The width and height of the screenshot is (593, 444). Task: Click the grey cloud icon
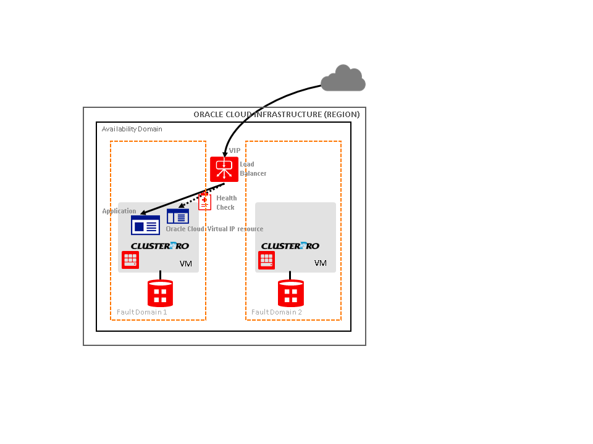(x=343, y=78)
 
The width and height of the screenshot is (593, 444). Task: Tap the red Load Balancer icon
(x=224, y=169)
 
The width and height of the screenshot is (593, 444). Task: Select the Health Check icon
(x=204, y=201)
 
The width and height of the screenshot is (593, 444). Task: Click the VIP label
(x=235, y=150)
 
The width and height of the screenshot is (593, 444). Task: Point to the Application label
(x=119, y=212)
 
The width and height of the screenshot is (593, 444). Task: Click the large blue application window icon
(x=145, y=225)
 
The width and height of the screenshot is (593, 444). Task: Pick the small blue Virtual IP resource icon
(x=178, y=216)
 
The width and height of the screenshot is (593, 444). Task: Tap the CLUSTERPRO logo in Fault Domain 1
(x=160, y=246)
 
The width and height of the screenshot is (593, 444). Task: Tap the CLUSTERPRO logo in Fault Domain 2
(x=290, y=246)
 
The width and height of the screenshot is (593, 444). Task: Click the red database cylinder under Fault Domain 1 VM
(x=160, y=293)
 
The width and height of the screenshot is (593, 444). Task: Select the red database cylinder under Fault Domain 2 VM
(x=291, y=293)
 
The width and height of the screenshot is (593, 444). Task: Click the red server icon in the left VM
(x=130, y=260)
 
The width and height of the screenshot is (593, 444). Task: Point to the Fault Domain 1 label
(x=142, y=312)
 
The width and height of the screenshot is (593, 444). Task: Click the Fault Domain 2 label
(x=277, y=312)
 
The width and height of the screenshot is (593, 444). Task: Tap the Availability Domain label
(x=132, y=129)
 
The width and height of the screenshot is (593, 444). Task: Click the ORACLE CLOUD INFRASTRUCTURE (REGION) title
(x=276, y=115)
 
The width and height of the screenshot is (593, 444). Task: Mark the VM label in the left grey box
(x=186, y=263)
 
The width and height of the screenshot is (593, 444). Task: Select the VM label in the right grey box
(x=320, y=263)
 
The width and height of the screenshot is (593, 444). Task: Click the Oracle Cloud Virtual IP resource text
(x=214, y=229)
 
